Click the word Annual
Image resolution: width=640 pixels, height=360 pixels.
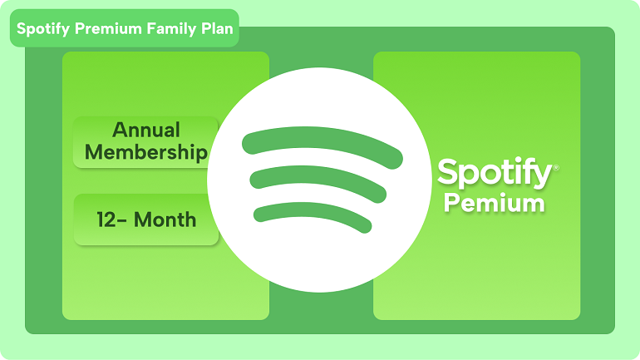pos(146,131)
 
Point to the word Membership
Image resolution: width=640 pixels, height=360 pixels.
pos(146,152)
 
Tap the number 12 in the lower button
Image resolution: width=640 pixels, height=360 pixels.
pos(106,220)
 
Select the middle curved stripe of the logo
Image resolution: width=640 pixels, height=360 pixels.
pos(319,181)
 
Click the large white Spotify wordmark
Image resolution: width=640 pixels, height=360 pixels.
pos(494,174)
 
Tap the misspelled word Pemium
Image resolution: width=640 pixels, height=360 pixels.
pos(494,203)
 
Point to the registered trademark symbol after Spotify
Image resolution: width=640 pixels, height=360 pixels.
pos(556,166)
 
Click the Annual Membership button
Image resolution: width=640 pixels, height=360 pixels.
pos(146,142)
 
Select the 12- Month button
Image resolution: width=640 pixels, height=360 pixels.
pos(146,220)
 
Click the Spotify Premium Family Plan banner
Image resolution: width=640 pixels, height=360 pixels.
pos(125,29)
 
